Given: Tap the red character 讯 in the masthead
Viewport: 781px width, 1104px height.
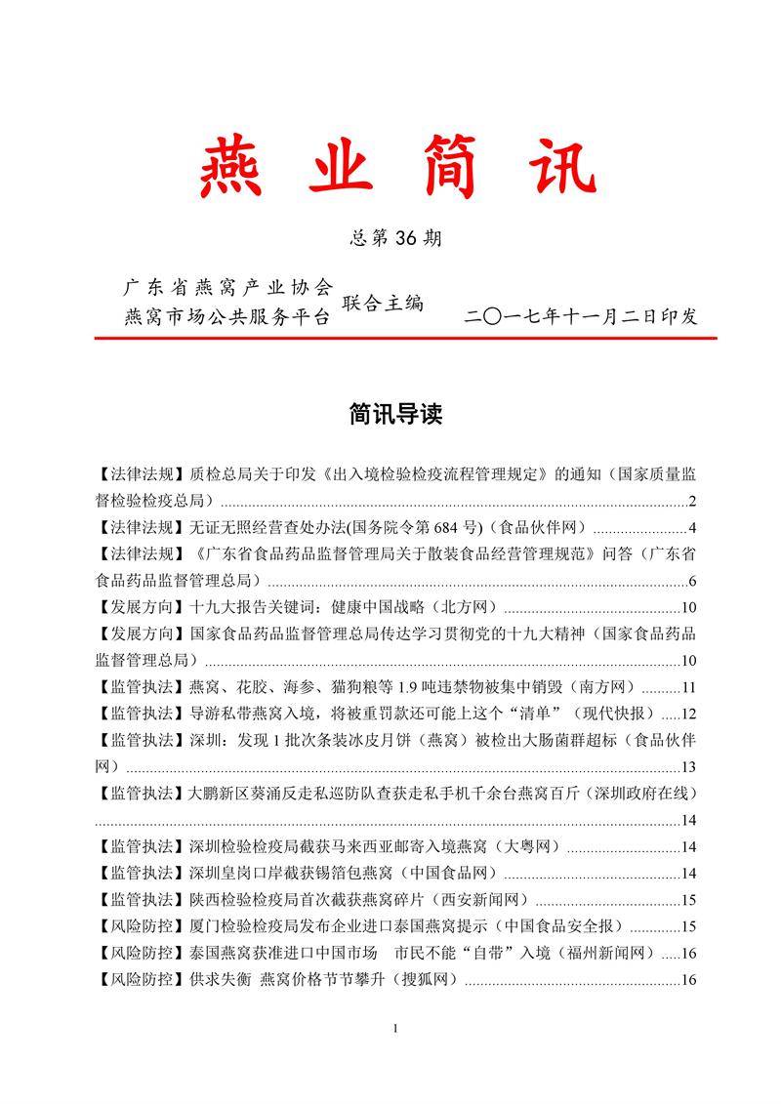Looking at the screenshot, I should (x=553, y=168).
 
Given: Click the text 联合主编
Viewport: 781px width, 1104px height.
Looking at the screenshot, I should (x=382, y=304).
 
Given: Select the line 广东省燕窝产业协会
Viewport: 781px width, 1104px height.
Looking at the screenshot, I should (x=227, y=289).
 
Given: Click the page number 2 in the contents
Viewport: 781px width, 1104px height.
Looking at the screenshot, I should (x=690, y=503).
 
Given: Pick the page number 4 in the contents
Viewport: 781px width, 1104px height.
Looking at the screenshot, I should (x=690, y=529).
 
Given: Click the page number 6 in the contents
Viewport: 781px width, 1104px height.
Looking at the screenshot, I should (x=690, y=582).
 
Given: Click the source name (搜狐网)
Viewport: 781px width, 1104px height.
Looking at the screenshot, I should (x=422, y=979).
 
